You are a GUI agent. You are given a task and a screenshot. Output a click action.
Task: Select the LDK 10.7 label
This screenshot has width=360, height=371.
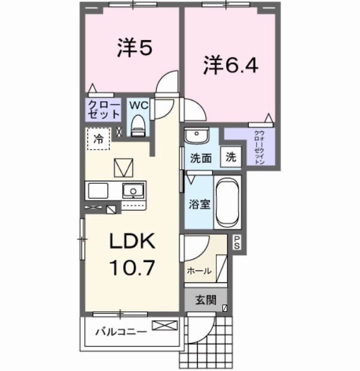(x=131, y=254)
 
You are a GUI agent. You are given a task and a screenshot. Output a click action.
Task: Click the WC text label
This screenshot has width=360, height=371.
(x=139, y=104)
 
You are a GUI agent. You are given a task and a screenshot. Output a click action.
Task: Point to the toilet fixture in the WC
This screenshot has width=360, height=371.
(x=138, y=126)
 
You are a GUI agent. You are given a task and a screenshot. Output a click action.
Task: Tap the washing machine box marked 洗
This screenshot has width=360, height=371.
(x=230, y=157)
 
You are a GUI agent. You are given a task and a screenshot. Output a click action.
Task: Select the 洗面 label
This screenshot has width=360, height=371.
(x=201, y=159)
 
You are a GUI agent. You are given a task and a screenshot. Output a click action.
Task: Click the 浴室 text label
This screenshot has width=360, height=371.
(x=199, y=204)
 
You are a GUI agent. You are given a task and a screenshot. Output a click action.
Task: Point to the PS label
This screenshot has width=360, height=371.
(x=237, y=242)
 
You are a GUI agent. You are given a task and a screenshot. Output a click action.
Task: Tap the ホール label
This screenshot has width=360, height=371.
(x=199, y=271)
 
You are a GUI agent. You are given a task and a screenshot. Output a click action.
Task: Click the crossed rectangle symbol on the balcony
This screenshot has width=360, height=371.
(x=164, y=326)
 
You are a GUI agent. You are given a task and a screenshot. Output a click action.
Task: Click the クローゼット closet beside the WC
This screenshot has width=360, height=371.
(x=103, y=110)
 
